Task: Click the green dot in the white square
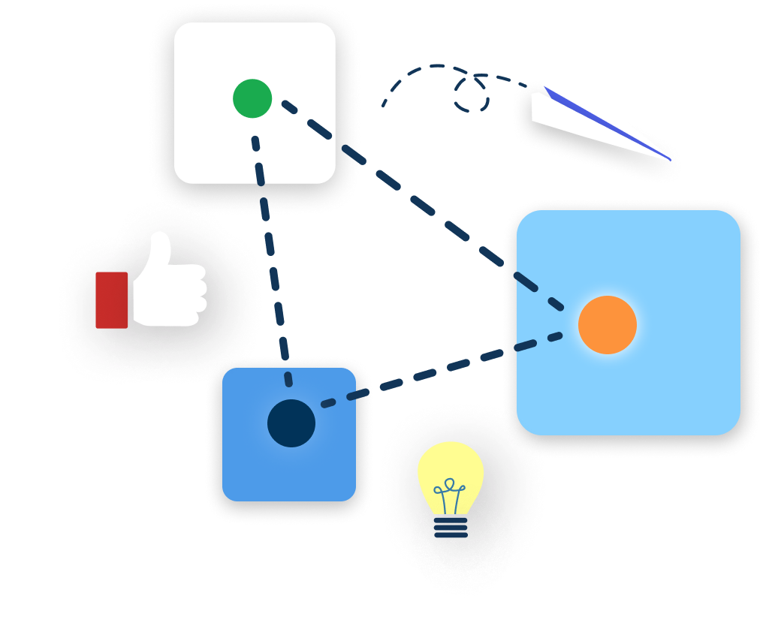click(252, 98)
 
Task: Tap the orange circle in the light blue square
click(608, 325)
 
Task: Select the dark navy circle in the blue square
click(291, 423)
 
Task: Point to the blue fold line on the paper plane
click(601, 120)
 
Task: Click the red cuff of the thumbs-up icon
click(112, 299)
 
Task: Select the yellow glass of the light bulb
click(451, 469)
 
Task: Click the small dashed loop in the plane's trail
click(472, 95)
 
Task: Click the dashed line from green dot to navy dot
click(270, 248)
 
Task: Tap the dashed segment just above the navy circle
click(288, 375)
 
